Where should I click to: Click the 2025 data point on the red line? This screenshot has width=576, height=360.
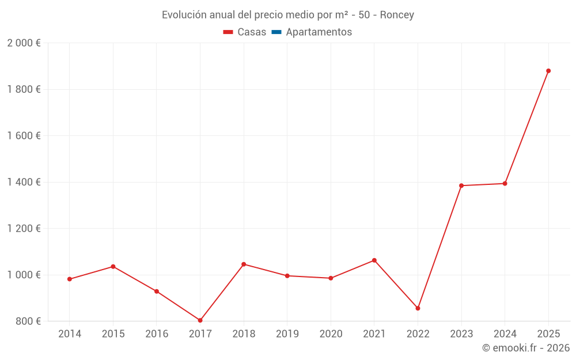click(x=548, y=71)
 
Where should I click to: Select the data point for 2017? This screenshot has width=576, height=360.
click(x=200, y=320)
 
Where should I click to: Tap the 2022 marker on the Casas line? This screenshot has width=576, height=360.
click(x=418, y=308)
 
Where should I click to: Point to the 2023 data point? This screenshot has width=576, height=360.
click(x=461, y=185)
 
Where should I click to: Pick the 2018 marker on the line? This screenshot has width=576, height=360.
click(x=244, y=264)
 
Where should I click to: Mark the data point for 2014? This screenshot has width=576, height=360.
click(x=70, y=279)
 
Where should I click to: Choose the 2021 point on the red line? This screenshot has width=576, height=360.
click(x=374, y=260)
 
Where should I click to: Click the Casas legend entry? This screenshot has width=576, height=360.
click(x=245, y=32)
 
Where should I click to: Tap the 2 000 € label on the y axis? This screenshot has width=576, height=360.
click(x=24, y=43)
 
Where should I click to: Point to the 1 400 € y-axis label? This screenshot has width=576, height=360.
click(x=24, y=182)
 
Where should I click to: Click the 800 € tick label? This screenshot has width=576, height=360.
click(x=28, y=321)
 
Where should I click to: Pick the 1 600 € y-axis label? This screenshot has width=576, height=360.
click(x=24, y=136)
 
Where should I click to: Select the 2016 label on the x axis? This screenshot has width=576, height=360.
click(x=157, y=334)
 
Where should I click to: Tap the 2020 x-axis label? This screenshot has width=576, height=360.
click(x=331, y=334)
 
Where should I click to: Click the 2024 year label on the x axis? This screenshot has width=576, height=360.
click(x=505, y=334)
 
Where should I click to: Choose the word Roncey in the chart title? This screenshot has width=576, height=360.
click(x=397, y=15)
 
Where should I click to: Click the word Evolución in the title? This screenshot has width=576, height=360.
click(x=183, y=15)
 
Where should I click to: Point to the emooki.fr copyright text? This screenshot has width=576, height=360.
click(x=526, y=348)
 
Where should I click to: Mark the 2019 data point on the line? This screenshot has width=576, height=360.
click(x=287, y=276)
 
